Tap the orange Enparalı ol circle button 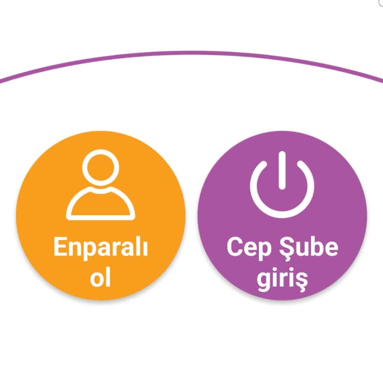coord(101,215)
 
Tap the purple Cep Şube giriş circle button coord(282,215)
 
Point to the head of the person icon coord(101,169)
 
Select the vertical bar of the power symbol coord(282,170)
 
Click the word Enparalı coord(101,248)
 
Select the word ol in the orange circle coord(101,277)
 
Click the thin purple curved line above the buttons coord(191,52)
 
